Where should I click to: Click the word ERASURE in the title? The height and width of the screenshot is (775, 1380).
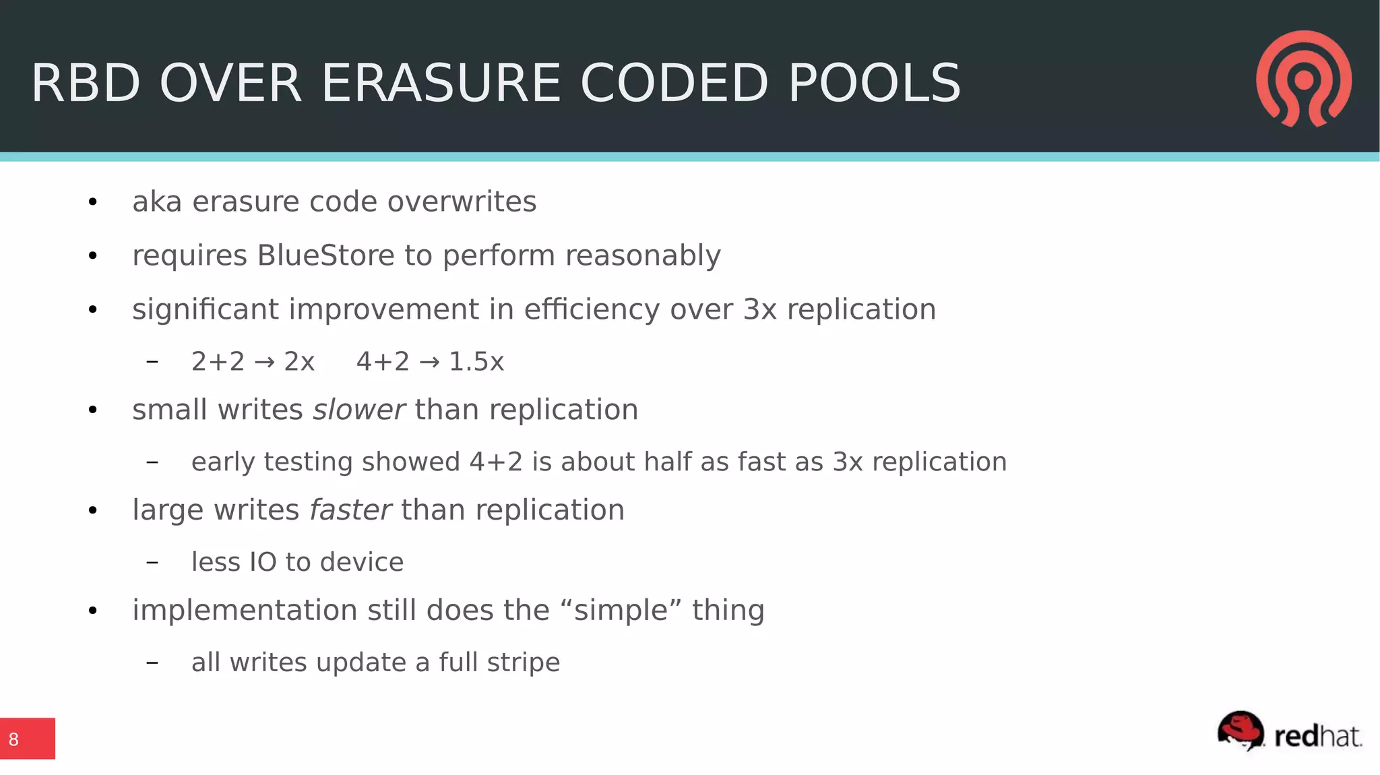coord(441,84)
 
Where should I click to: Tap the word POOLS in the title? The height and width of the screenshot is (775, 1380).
coord(874,84)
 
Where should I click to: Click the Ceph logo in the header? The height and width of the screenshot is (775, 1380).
coord(1303,79)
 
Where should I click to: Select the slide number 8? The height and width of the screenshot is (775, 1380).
coord(13,739)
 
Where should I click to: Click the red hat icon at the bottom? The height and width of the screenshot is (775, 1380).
coord(1241,731)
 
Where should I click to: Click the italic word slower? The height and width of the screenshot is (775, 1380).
coord(358,410)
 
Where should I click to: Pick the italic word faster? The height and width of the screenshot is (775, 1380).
coord(350,510)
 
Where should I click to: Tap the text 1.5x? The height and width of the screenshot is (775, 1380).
coord(476,362)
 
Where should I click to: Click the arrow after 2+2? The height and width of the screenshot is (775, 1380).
coord(264,363)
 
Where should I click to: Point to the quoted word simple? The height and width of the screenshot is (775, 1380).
coord(621,611)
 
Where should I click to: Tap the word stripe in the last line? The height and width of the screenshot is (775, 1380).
coord(523,662)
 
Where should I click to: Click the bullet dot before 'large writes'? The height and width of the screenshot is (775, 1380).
coord(93,511)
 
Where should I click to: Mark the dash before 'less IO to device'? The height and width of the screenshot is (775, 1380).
coord(152,562)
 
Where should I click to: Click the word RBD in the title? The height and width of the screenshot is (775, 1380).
coord(86,84)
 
